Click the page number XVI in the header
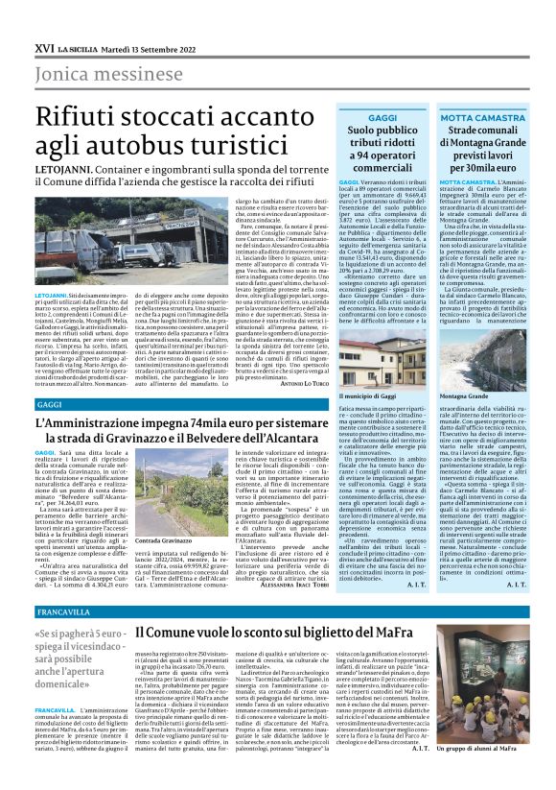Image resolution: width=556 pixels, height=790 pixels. [43, 46]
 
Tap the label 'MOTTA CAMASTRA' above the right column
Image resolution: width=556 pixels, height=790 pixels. [490, 116]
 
